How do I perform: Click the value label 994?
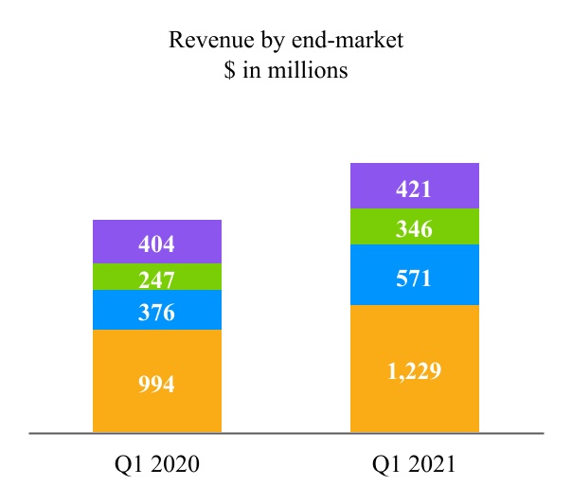156,385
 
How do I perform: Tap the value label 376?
156,313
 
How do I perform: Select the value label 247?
156,279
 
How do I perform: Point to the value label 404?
156,244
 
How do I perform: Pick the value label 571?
414,279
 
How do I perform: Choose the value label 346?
414,228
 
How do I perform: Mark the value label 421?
414,189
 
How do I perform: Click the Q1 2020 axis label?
156,465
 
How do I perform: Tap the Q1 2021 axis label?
414,465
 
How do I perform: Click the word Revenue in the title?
205,41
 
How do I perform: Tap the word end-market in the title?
321,41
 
